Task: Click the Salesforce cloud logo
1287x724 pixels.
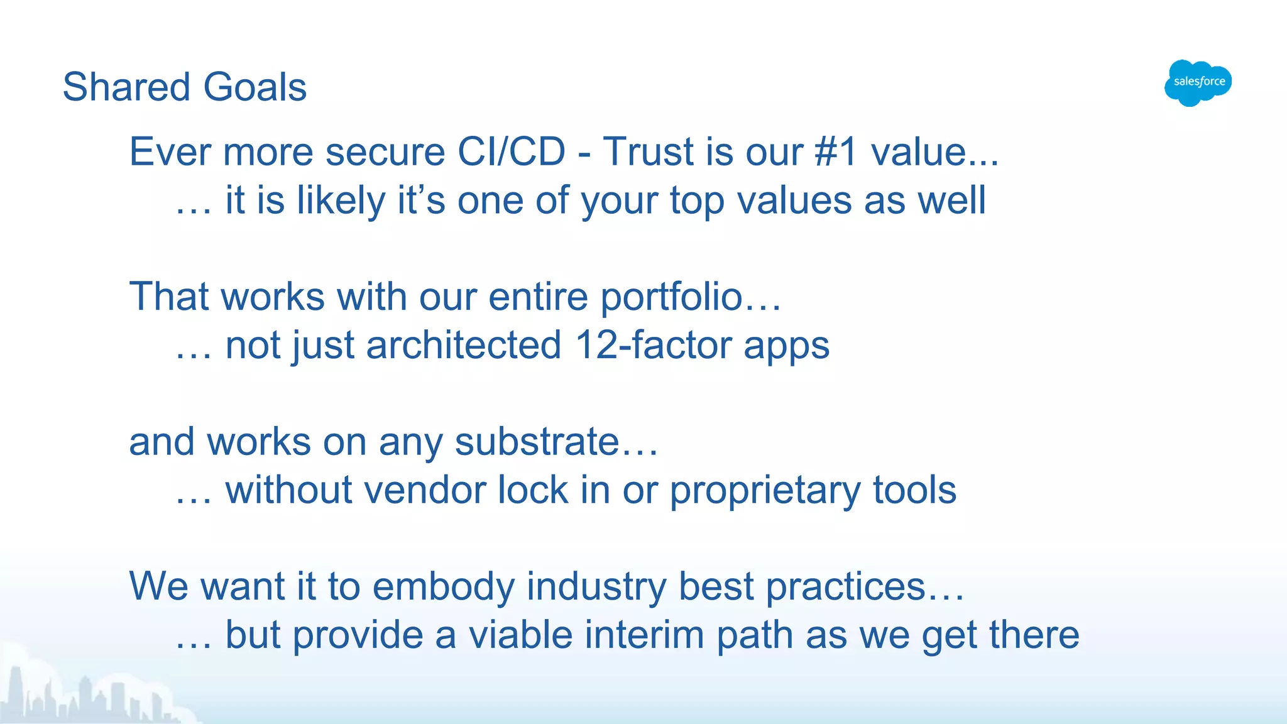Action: click(x=1198, y=83)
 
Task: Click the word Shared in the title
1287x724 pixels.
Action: click(x=126, y=87)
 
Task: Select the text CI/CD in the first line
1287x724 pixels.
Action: click(x=511, y=152)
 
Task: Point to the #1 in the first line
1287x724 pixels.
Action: click(x=835, y=152)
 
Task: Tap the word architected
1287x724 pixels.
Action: click(x=463, y=346)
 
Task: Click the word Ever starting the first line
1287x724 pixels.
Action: click(x=168, y=152)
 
